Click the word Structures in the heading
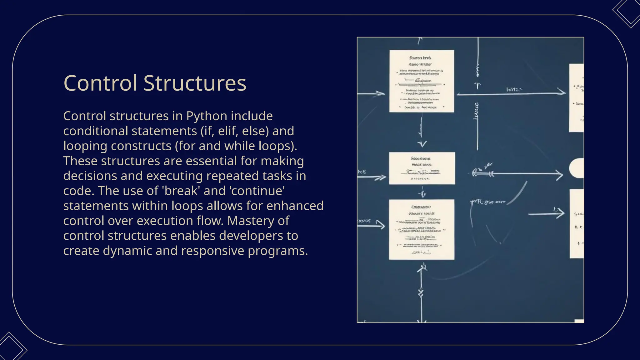click(x=195, y=83)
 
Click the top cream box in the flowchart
click(x=422, y=81)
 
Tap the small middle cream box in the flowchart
click(x=422, y=168)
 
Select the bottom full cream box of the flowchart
click(x=422, y=229)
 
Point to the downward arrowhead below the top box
click(x=422, y=144)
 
